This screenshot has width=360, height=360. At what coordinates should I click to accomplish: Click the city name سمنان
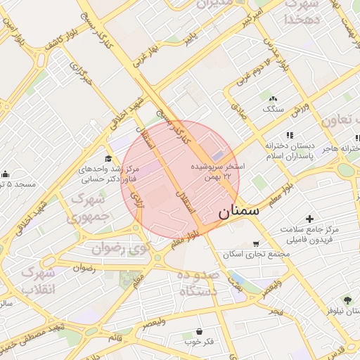[x=238, y=210]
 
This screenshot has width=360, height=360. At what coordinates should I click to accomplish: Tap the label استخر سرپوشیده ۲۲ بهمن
[x=218, y=170]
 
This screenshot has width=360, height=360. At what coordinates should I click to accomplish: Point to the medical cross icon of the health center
[x=310, y=219]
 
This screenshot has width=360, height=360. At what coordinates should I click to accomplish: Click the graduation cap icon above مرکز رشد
[x=108, y=158]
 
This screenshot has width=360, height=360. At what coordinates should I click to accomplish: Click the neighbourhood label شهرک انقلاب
[x=38, y=281]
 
